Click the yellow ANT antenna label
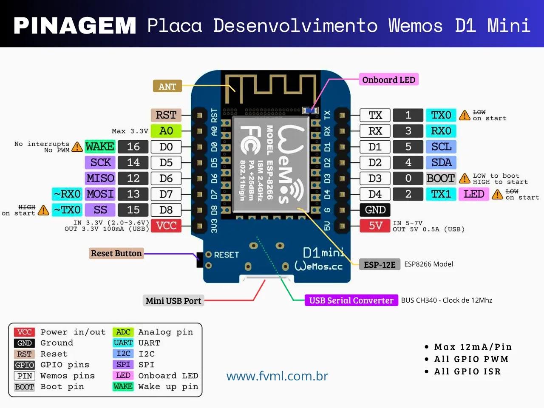tap(167, 87)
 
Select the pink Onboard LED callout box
tap(388, 80)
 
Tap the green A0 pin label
tap(166, 131)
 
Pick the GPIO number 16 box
tap(133, 147)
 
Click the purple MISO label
tap(100, 178)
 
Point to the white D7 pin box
tap(166, 194)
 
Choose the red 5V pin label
tap(375, 226)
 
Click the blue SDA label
tap(441, 162)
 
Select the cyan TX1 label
tap(441, 194)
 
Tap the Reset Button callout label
tap(116, 253)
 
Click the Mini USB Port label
tap(173, 301)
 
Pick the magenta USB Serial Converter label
tap(351, 300)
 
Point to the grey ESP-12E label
tap(380, 265)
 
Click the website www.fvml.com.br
tap(277, 376)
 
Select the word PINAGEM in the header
tap(75, 25)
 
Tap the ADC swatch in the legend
tap(123, 332)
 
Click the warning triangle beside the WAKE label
tap(77, 147)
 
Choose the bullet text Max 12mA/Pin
tap(473, 347)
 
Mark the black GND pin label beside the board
tap(375, 210)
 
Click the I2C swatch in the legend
tap(123, 354)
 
